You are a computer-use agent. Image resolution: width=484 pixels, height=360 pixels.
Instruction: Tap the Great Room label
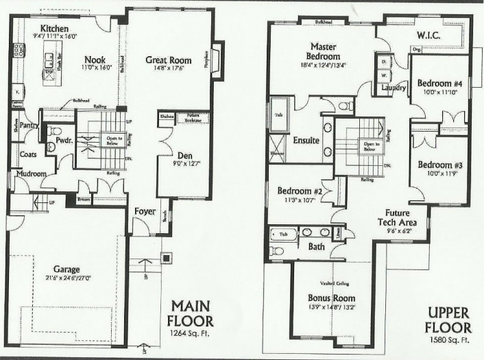click(x=167, y=60)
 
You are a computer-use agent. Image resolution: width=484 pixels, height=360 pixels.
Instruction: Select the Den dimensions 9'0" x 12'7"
click(x=181, y=162)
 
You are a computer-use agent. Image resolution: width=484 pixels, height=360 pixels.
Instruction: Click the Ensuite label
click(x=306, y=141)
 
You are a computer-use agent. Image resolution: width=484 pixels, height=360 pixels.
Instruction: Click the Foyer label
click(x=145, y=211)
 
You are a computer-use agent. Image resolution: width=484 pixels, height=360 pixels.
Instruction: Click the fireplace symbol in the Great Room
click(x=217, y=60)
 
